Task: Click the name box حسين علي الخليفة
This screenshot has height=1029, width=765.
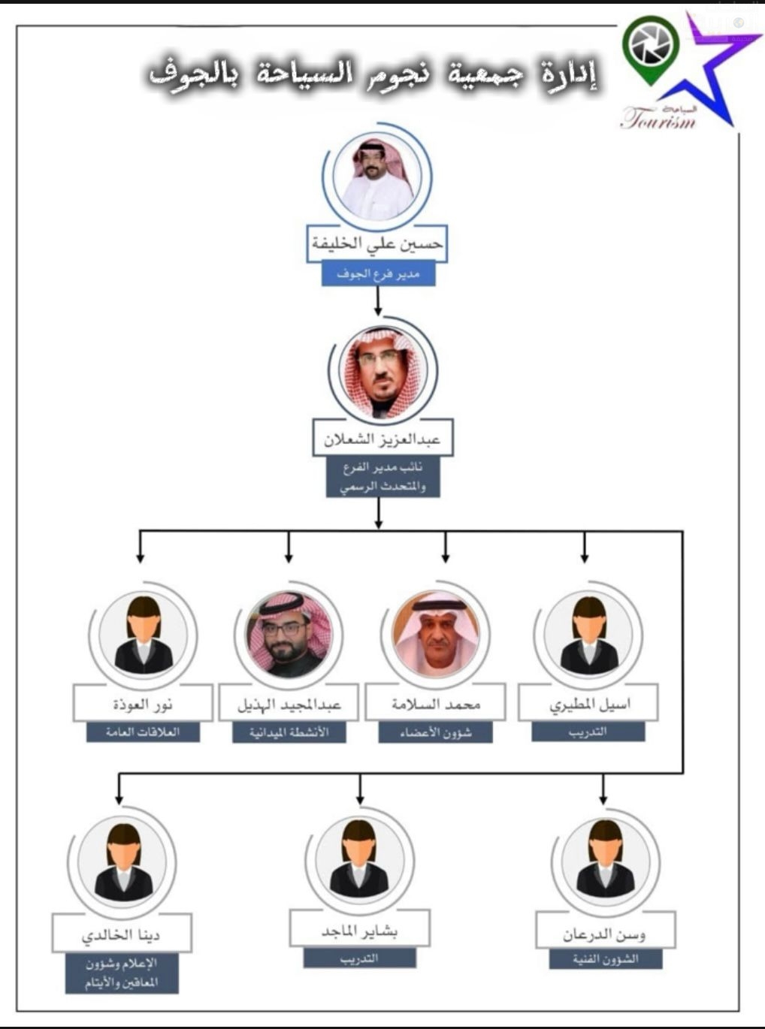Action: (x=377, y=243)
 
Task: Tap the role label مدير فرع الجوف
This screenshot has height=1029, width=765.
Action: (x=378, y=274)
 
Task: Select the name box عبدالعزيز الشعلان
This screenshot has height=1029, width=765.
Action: (x=382, y=439)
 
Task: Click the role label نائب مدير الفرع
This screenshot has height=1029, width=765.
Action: (x=382, y=478)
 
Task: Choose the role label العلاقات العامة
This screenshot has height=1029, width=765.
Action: (x=143, y=732)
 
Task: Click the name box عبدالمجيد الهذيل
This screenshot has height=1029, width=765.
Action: (x=289, y=705)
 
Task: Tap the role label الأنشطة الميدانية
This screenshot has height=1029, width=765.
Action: (x=289, y=732)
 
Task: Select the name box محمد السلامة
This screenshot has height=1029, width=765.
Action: (x=436, y=705)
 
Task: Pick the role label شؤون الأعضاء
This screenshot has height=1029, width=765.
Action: (x=436, y=732)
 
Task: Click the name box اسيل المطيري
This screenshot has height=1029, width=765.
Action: (x=588, y=704)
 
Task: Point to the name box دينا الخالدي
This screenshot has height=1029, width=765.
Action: (x=121, y=934)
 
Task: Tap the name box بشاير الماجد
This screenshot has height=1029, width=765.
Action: (x=359, y=931)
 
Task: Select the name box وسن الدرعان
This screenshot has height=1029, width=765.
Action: (x=605, y=934)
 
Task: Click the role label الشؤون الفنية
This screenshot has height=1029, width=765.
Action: (x=605, y=959)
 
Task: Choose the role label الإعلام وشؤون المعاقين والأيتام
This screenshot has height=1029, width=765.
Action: (x=121, y=973)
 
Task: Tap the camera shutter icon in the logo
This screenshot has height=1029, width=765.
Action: (x=651, y=47)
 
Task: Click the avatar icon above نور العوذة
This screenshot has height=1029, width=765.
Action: (x=143, y=635)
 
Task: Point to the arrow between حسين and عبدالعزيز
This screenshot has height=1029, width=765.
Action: (x=378, y=300)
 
